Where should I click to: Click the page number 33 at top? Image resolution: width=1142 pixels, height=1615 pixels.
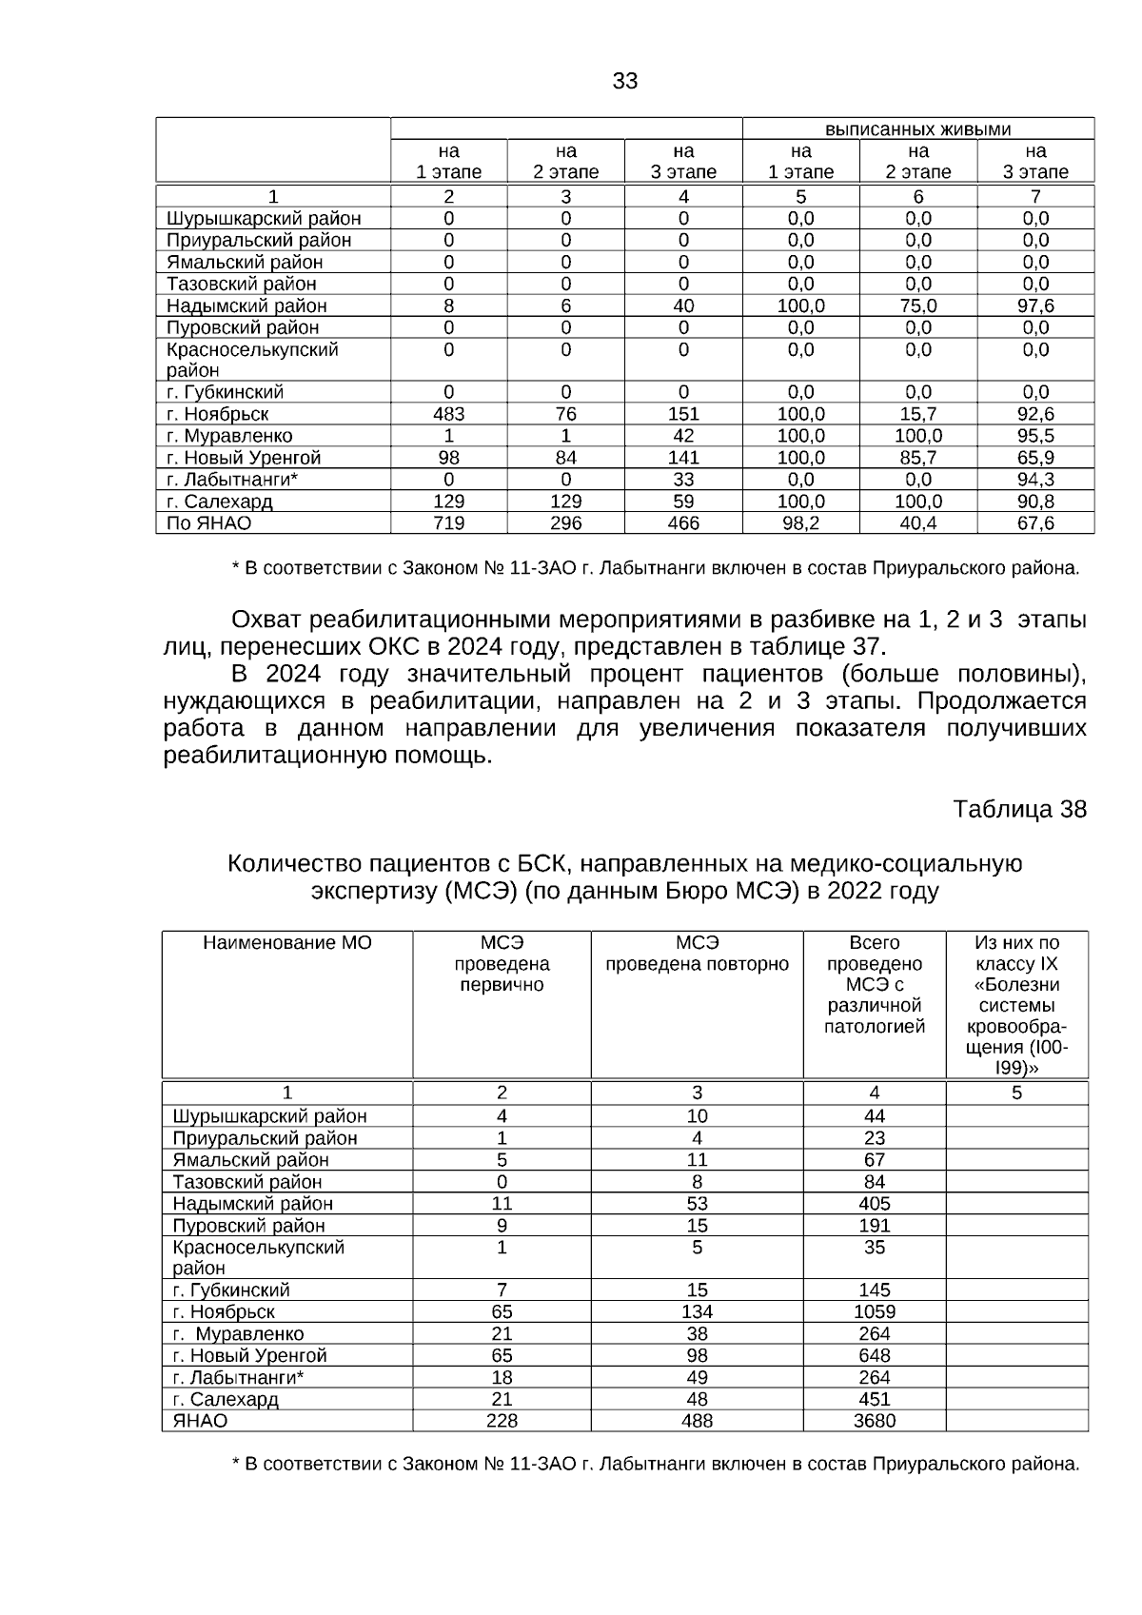624,82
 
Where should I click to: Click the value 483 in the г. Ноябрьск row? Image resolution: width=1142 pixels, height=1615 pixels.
448,414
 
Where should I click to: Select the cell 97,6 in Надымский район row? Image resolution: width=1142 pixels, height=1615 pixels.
1035,305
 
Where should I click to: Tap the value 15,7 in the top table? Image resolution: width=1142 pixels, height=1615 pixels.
917,414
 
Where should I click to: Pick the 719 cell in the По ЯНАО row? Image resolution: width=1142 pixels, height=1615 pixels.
448,523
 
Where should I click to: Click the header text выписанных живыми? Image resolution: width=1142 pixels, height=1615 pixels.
917,129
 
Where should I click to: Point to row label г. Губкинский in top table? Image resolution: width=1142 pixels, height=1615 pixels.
225,392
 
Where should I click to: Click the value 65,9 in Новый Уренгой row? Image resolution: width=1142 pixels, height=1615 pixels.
1035,458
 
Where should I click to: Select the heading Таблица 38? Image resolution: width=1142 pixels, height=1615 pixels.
1019,810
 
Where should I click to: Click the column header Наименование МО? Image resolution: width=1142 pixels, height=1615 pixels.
287,943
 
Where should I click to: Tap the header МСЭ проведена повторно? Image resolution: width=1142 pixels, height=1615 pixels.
697,954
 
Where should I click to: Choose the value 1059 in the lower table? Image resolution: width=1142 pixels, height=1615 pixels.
874,1311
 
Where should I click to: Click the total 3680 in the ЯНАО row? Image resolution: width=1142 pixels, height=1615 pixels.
874,1421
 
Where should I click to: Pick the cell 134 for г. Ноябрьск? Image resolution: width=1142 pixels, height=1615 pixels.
697,1311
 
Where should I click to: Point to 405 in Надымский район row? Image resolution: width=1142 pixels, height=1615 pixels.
874,1203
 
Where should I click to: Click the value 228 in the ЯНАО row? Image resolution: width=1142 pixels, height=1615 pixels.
502,1421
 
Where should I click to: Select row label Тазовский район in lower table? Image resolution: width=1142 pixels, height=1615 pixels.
247,1182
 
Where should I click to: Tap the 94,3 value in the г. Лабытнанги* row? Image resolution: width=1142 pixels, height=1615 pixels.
1035,480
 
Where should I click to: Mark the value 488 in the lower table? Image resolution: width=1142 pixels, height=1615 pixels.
697,1421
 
